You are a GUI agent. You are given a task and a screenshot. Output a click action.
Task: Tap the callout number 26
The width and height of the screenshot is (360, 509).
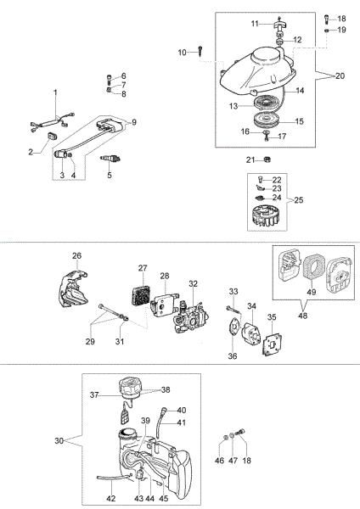pyautogui.click(x=76, y=255)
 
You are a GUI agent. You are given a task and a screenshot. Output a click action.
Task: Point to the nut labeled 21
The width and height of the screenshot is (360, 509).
pyautogui.click(x=265, y=159)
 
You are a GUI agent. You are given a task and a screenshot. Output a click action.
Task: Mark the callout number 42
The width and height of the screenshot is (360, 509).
pyautogui.click(x=111, y=497)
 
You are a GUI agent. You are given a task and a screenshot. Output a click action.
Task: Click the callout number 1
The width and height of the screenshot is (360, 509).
pyautogui.click(x=56, y=92)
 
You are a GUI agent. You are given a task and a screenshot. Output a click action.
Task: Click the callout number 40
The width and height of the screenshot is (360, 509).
pyautogui.click(x=181, y=410)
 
